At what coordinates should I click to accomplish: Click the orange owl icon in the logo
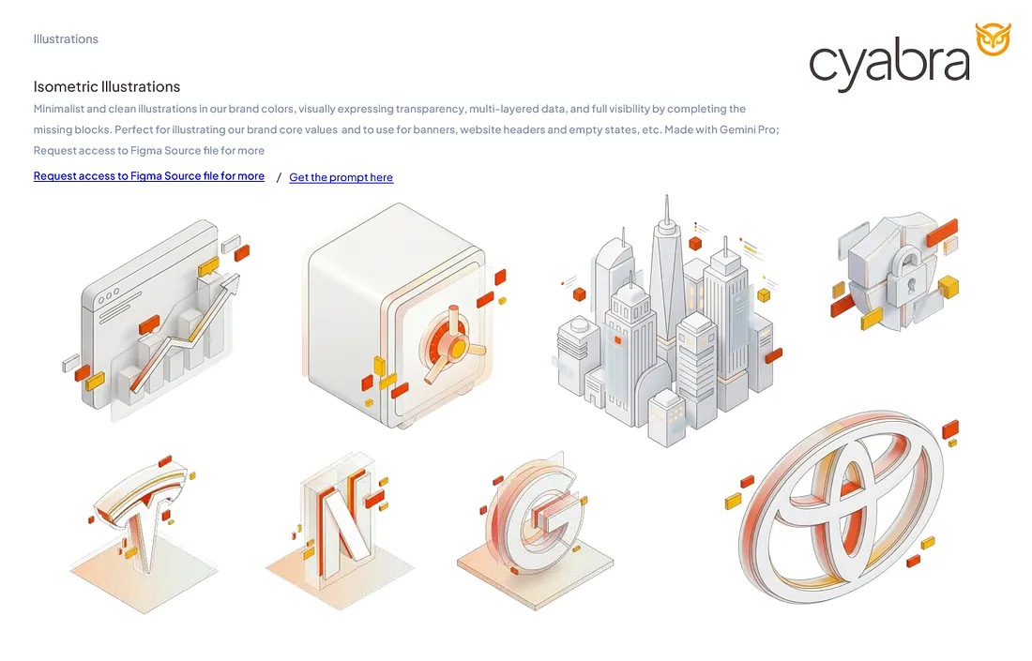click(x=993, y=39)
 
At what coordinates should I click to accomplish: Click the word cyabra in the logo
click(x=888, y=63)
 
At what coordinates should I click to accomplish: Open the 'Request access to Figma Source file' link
click(x=148, y=176)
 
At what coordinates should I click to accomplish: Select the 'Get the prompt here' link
click(x=341, y=177)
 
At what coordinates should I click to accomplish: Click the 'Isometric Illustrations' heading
click(x=106, y=86)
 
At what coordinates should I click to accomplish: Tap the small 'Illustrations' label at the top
click(x=66, y=39)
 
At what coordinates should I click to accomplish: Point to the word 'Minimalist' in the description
click(x=58, y=109)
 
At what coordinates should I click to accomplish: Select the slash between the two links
click(x=279, y=177)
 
